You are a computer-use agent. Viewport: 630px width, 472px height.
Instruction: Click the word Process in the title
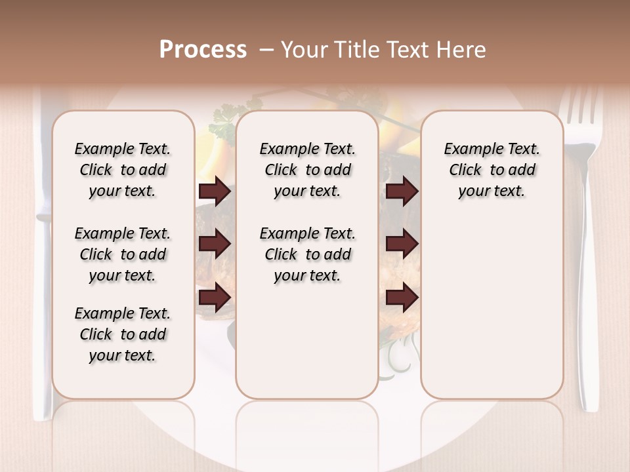203,50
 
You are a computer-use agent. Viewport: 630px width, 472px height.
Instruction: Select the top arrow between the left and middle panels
215,191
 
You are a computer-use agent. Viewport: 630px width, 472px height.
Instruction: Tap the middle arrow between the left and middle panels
215,245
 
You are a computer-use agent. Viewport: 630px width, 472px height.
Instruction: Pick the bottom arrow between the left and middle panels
215,297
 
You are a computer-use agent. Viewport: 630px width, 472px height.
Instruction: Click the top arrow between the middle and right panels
402,191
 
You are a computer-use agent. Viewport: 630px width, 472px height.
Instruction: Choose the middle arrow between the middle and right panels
402,245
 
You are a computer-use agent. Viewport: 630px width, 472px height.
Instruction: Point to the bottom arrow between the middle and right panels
402,297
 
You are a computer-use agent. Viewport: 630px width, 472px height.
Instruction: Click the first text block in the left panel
122,170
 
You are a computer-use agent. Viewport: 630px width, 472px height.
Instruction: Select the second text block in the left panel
122,254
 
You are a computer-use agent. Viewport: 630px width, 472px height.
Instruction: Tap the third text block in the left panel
122,334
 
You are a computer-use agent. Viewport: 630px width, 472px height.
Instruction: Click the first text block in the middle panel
307,170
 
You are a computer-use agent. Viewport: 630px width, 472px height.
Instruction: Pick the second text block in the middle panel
307,254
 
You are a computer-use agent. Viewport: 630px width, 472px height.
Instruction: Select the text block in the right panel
492,170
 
